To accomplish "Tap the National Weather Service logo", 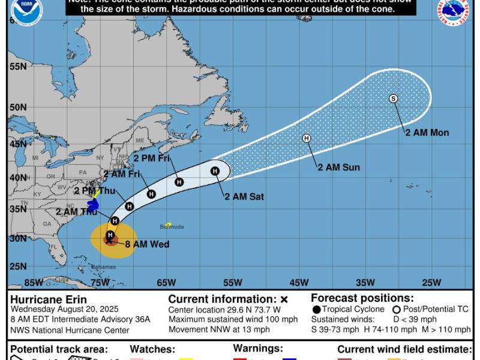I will click(454, 12).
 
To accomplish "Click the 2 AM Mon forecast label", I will click(427, 133).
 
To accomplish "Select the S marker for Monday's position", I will click(394, 98).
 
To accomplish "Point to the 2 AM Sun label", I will click(338, 167).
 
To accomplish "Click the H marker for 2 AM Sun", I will click(307, 138).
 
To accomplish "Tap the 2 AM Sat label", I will click(244, 196).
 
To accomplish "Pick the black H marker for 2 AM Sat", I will click(215, 171).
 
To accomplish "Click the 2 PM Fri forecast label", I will click(152, 158).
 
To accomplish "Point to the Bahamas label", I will click(103, 266).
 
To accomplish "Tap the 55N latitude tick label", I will click(17, 66).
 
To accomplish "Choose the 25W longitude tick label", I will click(431, 283).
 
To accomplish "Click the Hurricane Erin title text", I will click(49, 299).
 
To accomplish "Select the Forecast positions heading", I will click(362, 298).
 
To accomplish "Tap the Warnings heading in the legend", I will click(257, 349).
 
